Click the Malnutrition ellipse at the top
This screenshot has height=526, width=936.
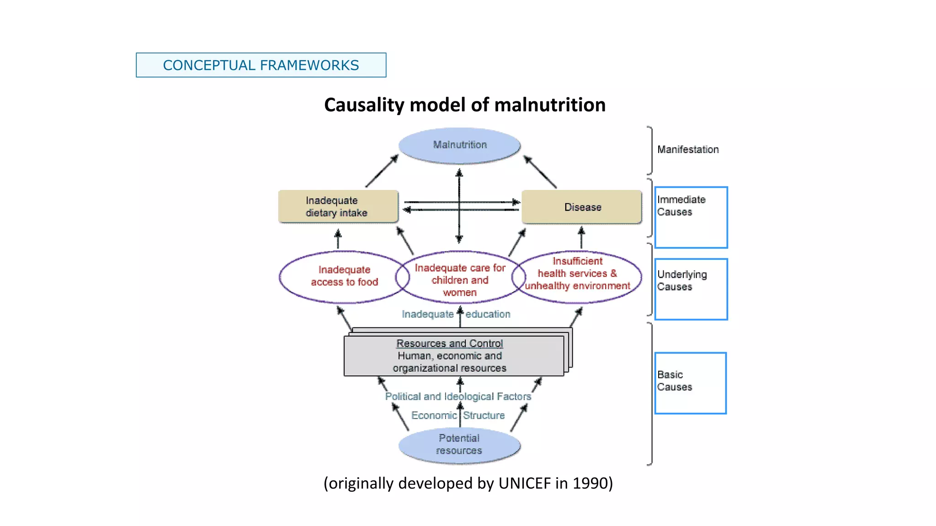(459, 145)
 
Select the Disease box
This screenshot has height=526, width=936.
(582, 207)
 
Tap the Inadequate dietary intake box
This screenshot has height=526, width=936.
(338, 206)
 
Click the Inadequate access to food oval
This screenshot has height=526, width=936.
(344, 276)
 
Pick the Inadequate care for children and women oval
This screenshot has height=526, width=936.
(460, 279)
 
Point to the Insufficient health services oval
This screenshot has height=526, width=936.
(578, 274)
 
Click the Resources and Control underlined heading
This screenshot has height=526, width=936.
(449, 343)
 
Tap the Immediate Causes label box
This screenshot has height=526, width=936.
(691, 217)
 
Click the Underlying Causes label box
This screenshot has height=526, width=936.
(691, 289)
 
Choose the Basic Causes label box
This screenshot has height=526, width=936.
(690, 383)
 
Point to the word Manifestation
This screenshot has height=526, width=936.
(687, 149)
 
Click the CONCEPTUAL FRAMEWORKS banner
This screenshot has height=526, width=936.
(261, 65)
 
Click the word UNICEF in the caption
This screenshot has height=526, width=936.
(525, 483)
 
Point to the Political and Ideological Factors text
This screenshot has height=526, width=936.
(458, 396)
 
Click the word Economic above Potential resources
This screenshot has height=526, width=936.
(433, 416)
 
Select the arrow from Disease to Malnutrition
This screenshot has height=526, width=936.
(540, 172)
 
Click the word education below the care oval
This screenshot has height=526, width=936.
(488, 314)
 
